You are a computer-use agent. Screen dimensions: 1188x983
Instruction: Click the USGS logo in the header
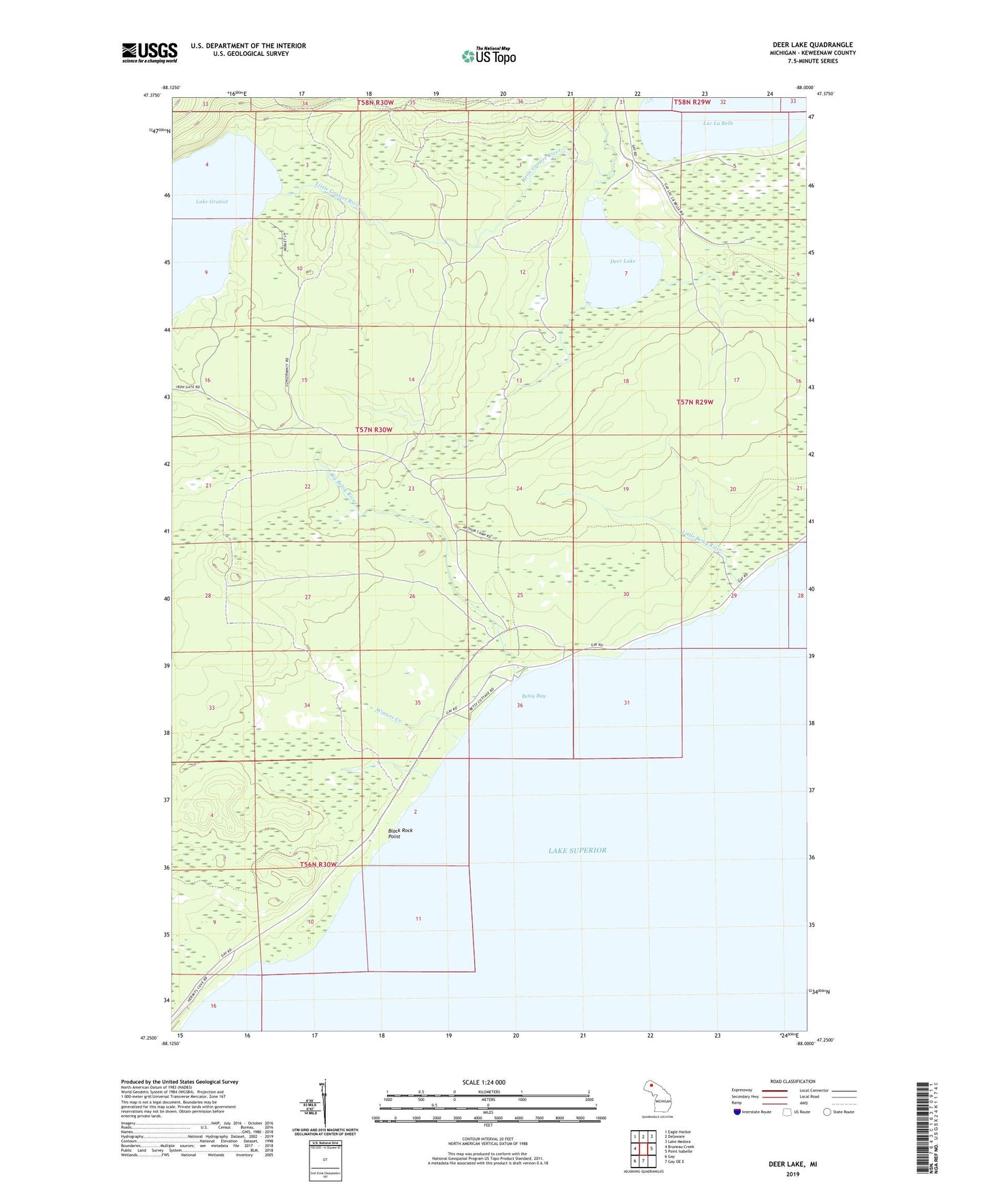click(x=150, y=52)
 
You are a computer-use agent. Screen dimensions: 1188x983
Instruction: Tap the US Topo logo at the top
click(x=489, y=56)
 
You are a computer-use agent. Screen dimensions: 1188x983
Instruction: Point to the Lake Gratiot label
click(x=212, y=201)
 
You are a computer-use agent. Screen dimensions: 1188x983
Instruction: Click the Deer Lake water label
click(x=622, y=261)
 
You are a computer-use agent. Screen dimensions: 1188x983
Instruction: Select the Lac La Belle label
click(x=718, y=123)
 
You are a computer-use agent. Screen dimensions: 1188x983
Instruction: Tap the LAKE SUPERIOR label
click(x=577, y=851)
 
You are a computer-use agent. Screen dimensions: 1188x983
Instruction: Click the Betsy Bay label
click(x=534, y=696)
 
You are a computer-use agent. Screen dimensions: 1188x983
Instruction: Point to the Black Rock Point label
click(x=400, y=834)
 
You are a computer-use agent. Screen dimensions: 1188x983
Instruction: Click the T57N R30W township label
click(x=373, y=430)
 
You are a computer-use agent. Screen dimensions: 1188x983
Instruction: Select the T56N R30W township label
click(x=318, y=864)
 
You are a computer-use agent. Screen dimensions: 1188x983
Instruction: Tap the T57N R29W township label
click(x=695, y=402)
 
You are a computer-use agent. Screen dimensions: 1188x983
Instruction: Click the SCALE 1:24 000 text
click(x=483, y=1083)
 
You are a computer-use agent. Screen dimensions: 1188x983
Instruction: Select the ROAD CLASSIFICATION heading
click(x=793, y=1081)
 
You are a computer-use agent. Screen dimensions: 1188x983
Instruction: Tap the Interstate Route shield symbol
click(x=738, y=1112)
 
